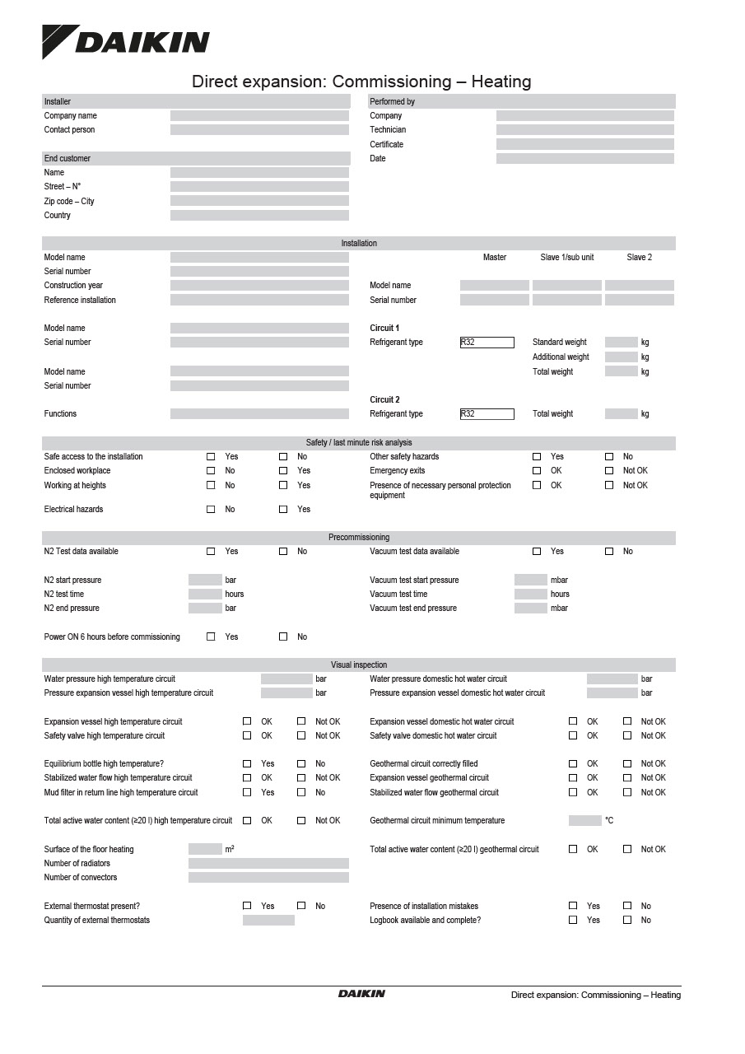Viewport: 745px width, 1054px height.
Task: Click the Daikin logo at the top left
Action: (x=126, y=42)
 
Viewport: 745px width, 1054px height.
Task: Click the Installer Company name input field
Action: (x=259, y=116)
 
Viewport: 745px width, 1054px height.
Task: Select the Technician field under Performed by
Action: (x=584, y=130)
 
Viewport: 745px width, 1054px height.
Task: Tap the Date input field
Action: (x=584, y=159)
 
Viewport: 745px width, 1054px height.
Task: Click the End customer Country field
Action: (x=259, y=216)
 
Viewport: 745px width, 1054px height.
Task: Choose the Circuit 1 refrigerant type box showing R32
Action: (x=487, y=343)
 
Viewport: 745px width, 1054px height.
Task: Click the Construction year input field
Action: (x=259, y=286)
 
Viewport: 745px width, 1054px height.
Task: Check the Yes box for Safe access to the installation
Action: (x=211, y=457)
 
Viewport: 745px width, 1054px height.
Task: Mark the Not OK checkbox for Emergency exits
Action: (x=609, y=471)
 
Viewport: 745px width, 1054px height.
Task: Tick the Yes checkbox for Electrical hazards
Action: (x=283, y=510)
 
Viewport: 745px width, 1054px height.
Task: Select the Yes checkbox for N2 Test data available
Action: (x=211, y=552)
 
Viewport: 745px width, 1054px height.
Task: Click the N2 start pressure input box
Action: (x=205, y=581)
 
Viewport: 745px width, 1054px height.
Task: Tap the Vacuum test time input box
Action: (x=531, y=595)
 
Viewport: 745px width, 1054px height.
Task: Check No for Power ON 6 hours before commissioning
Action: (x=283, y=637)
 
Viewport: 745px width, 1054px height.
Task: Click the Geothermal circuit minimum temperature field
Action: (x=585, y=821)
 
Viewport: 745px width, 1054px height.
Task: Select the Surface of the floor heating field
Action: (x=205, y=850)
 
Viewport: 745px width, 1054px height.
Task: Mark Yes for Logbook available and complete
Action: (x=573, y=921)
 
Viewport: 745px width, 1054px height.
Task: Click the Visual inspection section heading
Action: (x=359, y=665)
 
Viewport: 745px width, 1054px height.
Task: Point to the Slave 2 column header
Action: (x=639, y=258)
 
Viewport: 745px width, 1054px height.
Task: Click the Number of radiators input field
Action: (x=268, y=864)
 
